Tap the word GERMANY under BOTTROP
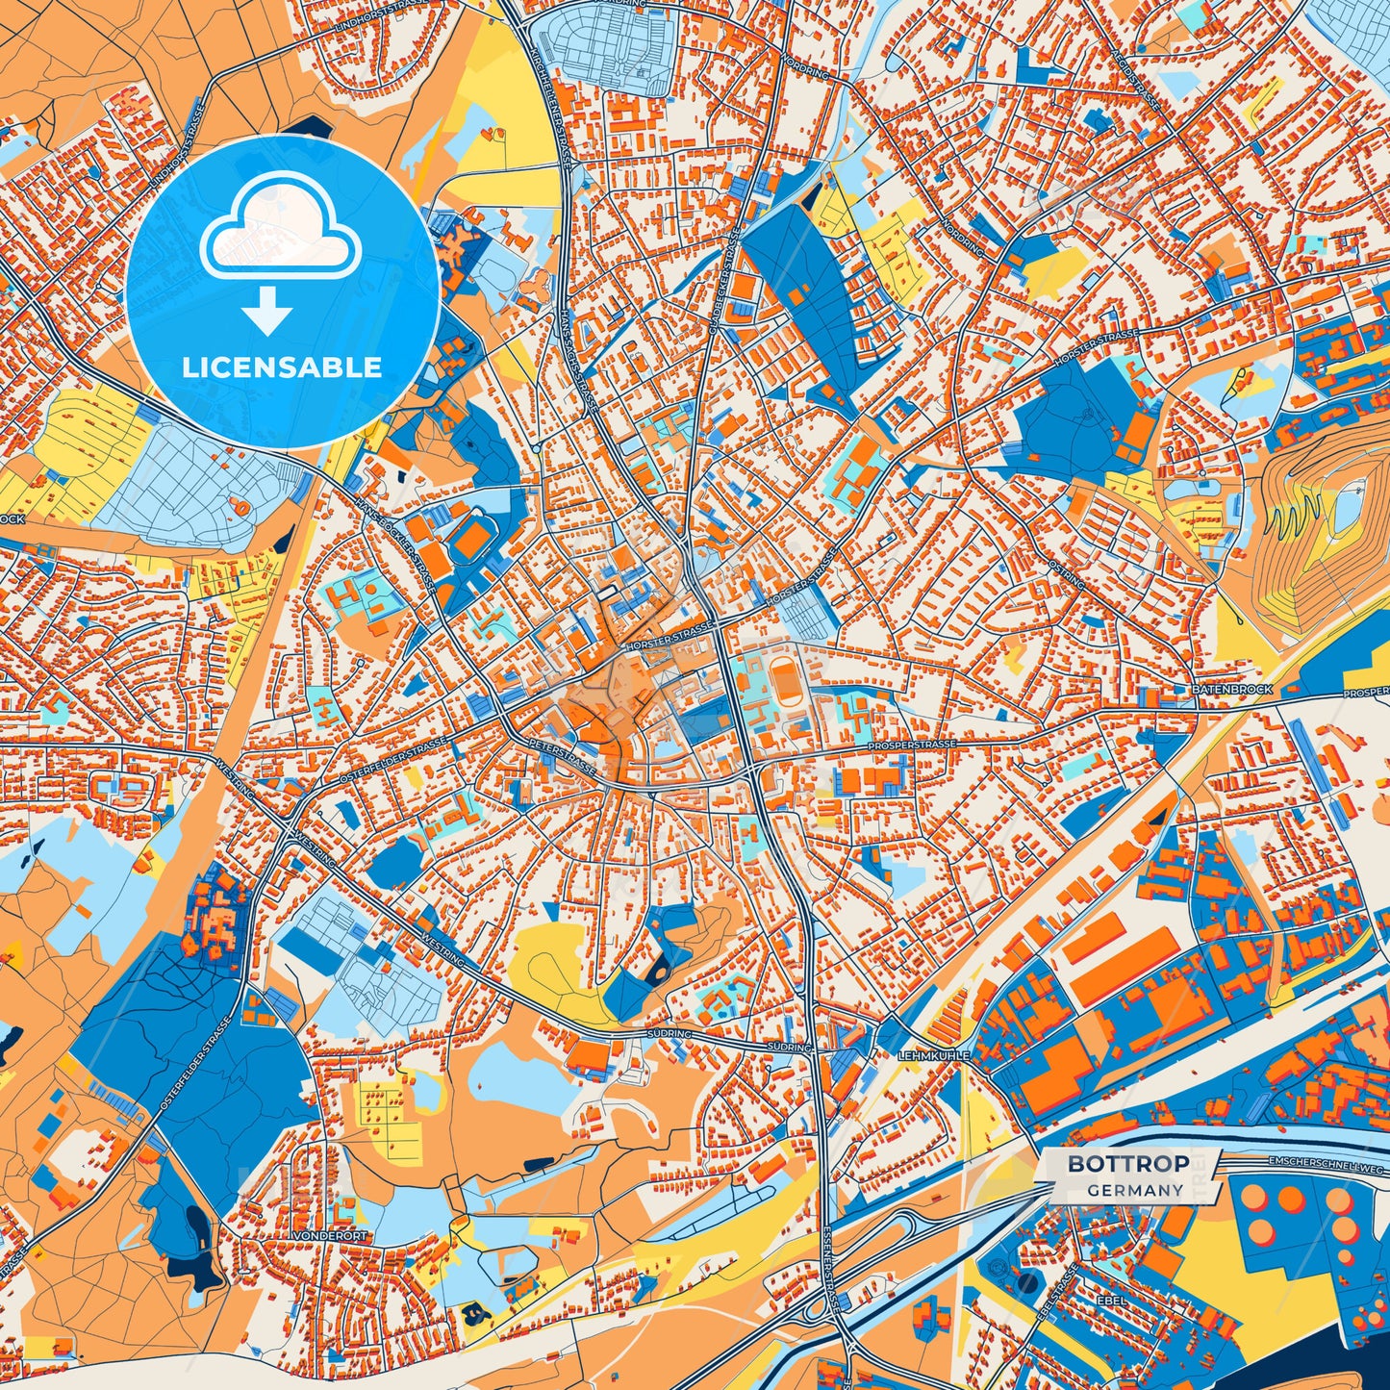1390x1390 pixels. [x=1135, y=1190]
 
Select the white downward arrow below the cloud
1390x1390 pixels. [x=267, y=314]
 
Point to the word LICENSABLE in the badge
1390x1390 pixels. [x=282, y=367]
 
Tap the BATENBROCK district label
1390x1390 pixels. [x=1231, y=690]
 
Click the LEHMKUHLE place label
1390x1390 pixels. [x=933, y=1055]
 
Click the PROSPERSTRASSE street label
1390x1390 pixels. [x=911, y=746]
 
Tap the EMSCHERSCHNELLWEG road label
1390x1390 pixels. [x=1328, y=1164]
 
